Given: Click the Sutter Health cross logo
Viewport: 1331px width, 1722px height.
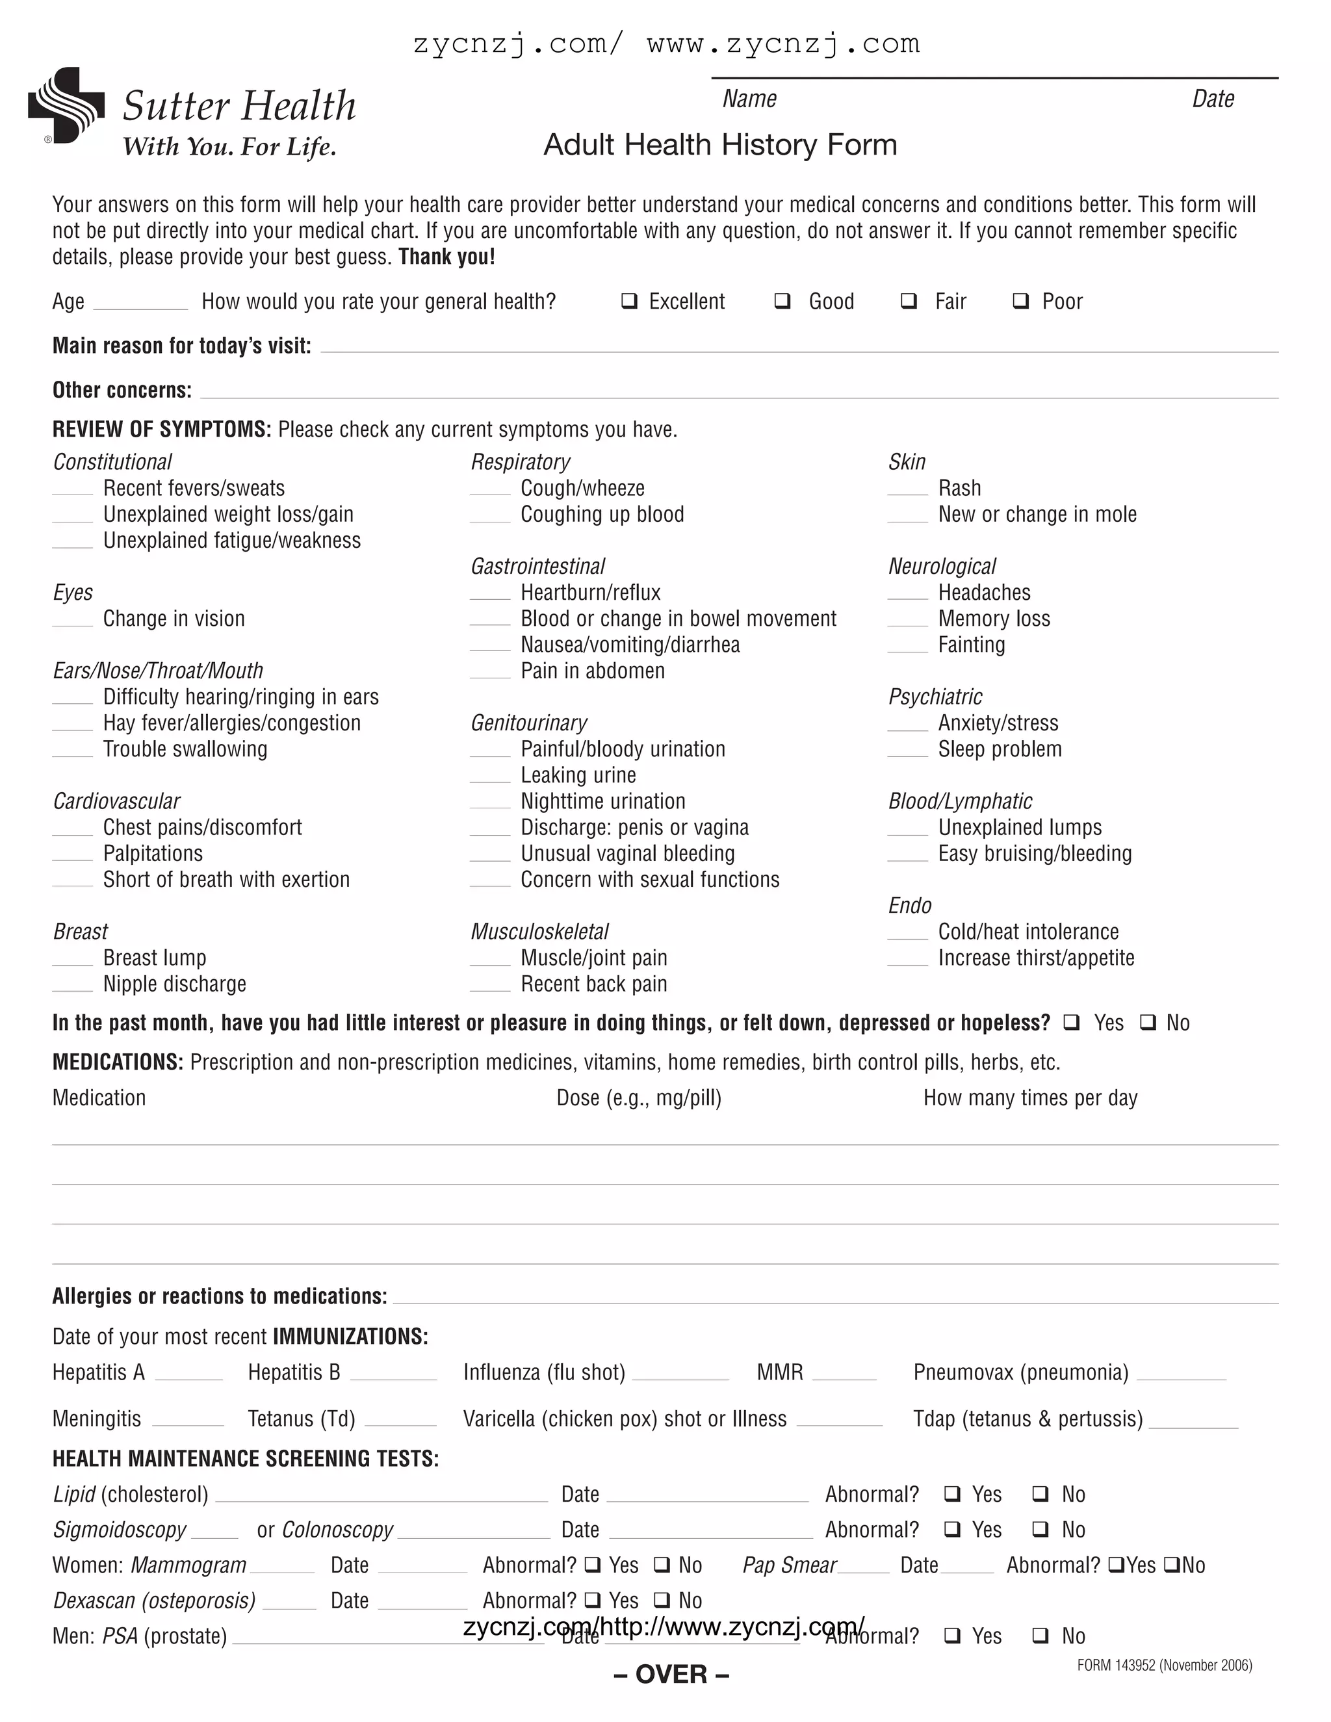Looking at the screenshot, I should (x=66, y=106).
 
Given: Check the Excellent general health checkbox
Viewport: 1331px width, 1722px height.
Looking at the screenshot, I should (x=629, y=302).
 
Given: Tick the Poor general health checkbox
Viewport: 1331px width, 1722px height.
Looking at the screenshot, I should (x=1020, y=302).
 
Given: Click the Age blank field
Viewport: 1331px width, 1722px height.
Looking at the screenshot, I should (x=140, y=303).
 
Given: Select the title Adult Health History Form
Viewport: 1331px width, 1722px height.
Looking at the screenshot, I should (x=720, y=145).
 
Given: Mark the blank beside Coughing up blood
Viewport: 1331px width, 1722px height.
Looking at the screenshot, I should (x=491, y=516).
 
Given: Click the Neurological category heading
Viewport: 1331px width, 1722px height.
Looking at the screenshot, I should (x=942, y=566).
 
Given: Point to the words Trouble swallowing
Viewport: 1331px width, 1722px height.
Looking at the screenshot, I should (x=185, y=749).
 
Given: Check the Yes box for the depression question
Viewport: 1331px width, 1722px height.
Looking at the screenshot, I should (x=1071, y=1023).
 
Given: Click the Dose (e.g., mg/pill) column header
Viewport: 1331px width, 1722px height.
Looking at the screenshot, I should (x=639, y=1098).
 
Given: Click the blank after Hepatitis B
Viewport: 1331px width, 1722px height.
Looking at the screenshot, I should (x=393, y=1375).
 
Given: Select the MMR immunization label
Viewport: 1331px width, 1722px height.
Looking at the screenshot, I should (x=779, y=1372).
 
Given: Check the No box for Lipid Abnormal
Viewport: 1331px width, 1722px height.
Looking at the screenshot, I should (x=1041, y=1494).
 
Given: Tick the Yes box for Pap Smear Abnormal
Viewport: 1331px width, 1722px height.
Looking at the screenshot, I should (x=1116, y=1565).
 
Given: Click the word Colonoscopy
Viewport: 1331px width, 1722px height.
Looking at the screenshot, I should (x=337, y=1530).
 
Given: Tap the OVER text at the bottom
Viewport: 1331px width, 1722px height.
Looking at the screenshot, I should (x=671, y=1675).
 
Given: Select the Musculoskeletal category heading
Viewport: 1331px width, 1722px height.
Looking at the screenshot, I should (x=539, y=932).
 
